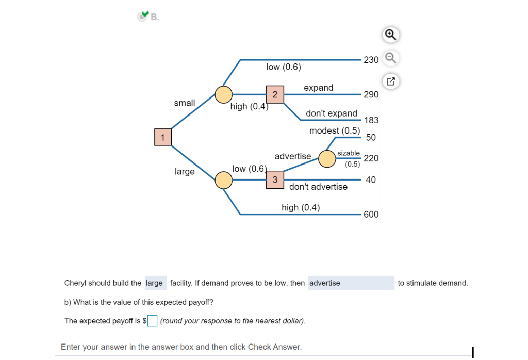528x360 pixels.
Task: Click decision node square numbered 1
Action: (x=162, y=137)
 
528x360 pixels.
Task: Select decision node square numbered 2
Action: (x=275, y=94)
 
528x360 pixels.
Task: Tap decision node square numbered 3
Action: (x=275, y=179)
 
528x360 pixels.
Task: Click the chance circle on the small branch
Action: (x=224, y=95)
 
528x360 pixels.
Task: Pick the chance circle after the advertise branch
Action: (x=327, y=158)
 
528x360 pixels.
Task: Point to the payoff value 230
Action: (x=371, y=60)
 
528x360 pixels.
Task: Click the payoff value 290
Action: (x=371, y=94)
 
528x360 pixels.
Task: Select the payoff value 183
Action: (x=371, y=120)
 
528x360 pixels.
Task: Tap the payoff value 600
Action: (x=371, y=215)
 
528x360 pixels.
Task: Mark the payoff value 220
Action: (x=371, y=158)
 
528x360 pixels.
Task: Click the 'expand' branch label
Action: (x=319, y=88)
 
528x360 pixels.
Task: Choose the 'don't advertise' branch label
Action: (x=318, y=187)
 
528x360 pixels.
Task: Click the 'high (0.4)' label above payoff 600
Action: (x=301, y=207)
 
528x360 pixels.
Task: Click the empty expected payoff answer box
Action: (x=152, y=321)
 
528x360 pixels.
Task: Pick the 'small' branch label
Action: (x=185, y=103)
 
